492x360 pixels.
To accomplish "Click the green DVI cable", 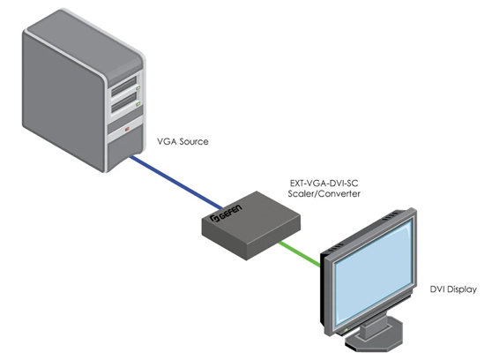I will [290, 251].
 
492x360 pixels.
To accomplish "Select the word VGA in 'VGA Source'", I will [168, 139].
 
